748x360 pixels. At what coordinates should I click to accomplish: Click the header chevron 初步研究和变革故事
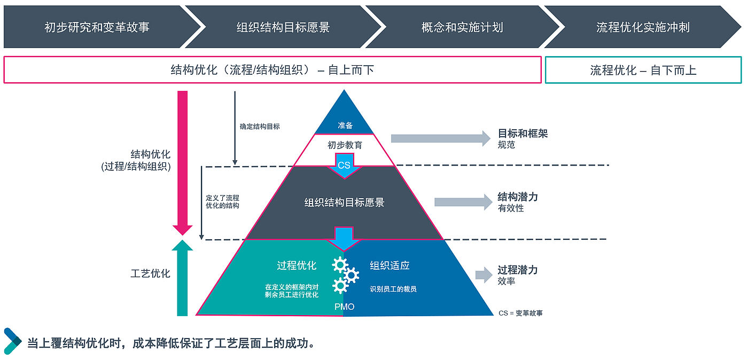tap(97, 27)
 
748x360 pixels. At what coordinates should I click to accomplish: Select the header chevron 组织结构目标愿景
tap(283, 27)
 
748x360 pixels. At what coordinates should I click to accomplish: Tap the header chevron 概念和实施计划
tap(462, 27)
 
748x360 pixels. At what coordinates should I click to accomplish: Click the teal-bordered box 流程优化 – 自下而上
tap(643, 70)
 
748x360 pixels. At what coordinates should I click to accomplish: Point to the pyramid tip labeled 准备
tap(345, 124)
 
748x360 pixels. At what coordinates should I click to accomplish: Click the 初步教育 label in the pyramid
tap(345, 145)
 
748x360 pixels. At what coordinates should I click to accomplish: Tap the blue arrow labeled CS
tap(344, 165)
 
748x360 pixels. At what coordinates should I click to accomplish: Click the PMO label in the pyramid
tap(344, 307)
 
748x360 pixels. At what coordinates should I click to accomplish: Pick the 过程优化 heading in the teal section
tap(297, 265)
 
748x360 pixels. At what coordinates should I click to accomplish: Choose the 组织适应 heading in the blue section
tap(389, 265)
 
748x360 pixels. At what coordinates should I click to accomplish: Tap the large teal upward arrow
tap(183, 278)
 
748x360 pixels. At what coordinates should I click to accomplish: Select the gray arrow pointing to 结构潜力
tap(463, 202)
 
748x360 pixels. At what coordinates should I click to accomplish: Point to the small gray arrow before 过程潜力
tap(484, 275)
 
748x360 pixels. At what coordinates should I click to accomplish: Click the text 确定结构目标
tap(260, 127)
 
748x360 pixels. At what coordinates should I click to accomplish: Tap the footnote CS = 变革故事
tap(520, 313)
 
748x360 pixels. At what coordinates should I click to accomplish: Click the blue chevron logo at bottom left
tap(13, 341)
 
